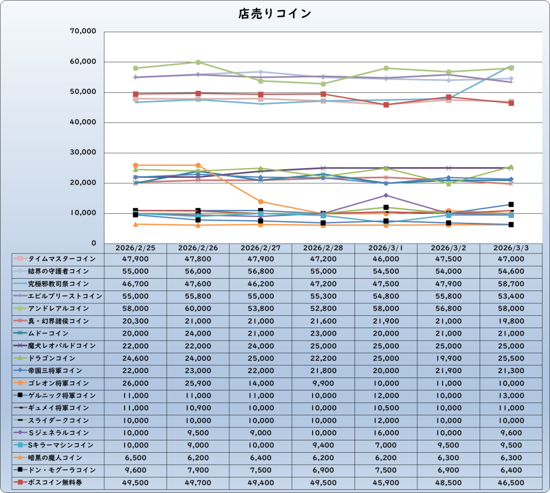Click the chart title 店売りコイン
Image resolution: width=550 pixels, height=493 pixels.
[x=274, y=13]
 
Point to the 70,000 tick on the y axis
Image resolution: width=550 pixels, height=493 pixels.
[x=83, y=32]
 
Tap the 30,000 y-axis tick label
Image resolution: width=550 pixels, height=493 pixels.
[x=83, y=153]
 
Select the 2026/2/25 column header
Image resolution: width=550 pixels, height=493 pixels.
[x=135, y=248]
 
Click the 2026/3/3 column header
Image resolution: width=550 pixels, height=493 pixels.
[x=511, y=248]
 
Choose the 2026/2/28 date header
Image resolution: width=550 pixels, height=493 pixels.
[x=323, y=248]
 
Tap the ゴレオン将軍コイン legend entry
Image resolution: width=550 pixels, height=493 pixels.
[x=59, y=383]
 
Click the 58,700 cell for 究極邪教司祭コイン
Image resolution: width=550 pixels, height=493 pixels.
[x=511, y=284]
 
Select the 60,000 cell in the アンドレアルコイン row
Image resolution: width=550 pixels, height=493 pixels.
[x=198, y=309]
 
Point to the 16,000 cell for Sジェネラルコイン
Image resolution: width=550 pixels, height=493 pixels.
[x=386, y=432]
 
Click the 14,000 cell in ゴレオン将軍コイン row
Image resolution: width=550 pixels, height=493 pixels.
[x=260, y=383]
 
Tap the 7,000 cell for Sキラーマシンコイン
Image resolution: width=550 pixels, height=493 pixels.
[x=386, y=445]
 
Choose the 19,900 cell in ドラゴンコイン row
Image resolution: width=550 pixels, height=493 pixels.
[x=448, y=358]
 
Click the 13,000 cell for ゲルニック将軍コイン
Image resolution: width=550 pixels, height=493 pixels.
[x=511, y=395]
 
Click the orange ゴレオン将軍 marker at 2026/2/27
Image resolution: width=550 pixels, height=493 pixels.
[x=261, y=202]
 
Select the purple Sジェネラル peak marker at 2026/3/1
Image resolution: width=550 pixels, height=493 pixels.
[x=386, y=195]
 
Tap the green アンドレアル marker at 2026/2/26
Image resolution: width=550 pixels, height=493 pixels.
[x=198, y=62]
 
